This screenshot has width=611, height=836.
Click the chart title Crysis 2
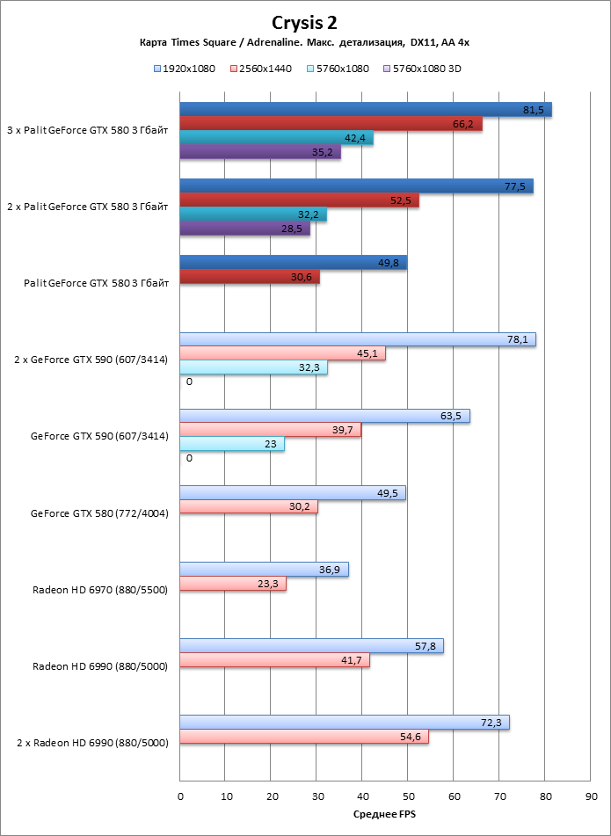pos(305,23)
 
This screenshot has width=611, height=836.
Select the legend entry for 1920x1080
pos(185,68)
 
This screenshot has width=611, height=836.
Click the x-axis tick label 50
pos(408,796)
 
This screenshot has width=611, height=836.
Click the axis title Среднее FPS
pos(384,815)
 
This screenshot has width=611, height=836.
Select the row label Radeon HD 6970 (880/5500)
pos(100,589)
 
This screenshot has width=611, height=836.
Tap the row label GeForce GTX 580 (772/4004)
pos(99,513)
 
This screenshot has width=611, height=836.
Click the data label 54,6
pos(411,737)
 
